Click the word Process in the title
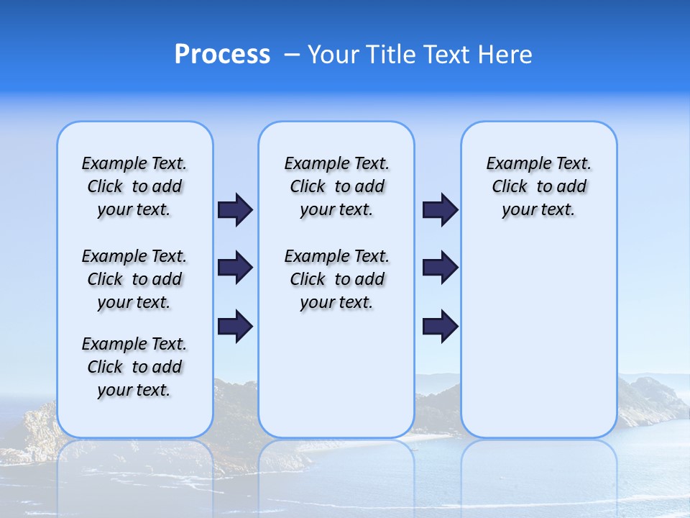[222, 55]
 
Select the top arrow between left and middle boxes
[235, 209]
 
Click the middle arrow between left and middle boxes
[235, 268]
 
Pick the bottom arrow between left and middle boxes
[235, 326]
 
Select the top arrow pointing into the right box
[440, 209]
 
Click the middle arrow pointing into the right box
[440, 268]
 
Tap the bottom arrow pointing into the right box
[440, 326]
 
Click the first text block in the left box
[134, 186]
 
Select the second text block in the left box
[134, 279]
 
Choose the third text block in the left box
[134, 367]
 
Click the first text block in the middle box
[336, 186]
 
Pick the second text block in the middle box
[336, 279]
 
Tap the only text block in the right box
[538, 186]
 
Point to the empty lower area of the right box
[538, 338]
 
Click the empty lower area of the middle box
[336, 374]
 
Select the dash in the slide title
[292, 55]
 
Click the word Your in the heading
[332, 55]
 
